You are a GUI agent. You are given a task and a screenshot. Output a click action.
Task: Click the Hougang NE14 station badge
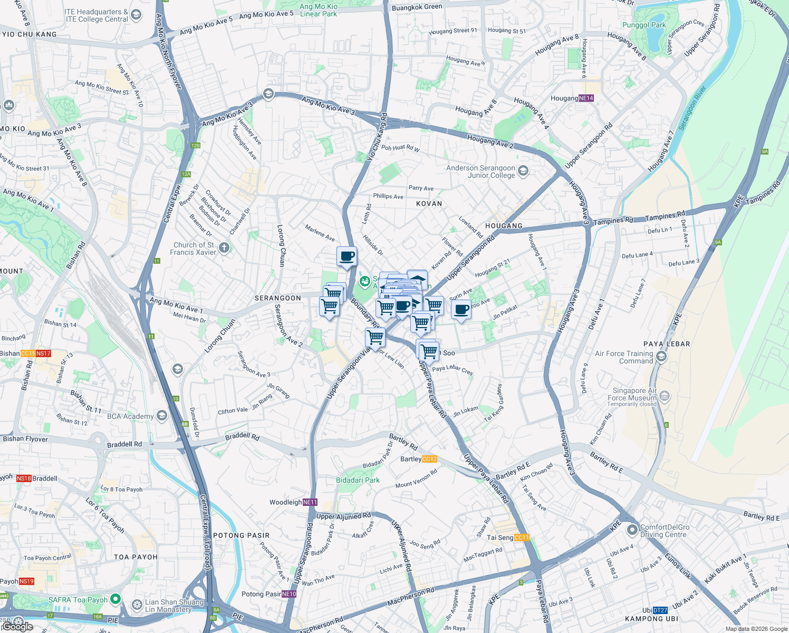coord(586,98)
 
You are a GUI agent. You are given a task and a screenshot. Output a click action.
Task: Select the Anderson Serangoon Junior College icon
coord(523,170)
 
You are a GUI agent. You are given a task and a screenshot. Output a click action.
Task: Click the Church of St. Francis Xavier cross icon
coord(224,248)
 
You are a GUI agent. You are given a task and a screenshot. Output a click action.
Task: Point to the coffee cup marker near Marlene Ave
coord(347,257)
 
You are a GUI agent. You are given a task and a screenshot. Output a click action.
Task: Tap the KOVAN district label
coord(429,204)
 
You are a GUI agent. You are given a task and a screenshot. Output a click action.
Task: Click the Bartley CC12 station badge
coord(430,459)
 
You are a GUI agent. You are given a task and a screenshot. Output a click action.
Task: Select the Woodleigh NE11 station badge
coord(310,502)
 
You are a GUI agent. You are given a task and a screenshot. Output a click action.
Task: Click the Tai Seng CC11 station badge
coord(521,538)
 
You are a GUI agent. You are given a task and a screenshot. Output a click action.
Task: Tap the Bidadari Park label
coord(358,480)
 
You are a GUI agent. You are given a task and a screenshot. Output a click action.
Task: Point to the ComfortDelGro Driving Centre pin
coord(632,530)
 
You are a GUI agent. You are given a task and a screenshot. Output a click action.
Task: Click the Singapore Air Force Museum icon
coord(665,395)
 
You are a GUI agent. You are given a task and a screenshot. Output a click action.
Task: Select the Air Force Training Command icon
coord(661,357)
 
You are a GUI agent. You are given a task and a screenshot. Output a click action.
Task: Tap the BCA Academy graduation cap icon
coord(162,416)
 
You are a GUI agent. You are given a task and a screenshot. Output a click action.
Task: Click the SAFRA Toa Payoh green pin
coord(116,599)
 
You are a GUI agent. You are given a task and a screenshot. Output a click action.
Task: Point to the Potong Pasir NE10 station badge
coord(289,594)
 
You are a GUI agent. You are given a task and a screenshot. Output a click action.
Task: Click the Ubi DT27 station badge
coord(660,610)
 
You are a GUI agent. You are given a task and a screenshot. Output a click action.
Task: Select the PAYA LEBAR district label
coord(667,344)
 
